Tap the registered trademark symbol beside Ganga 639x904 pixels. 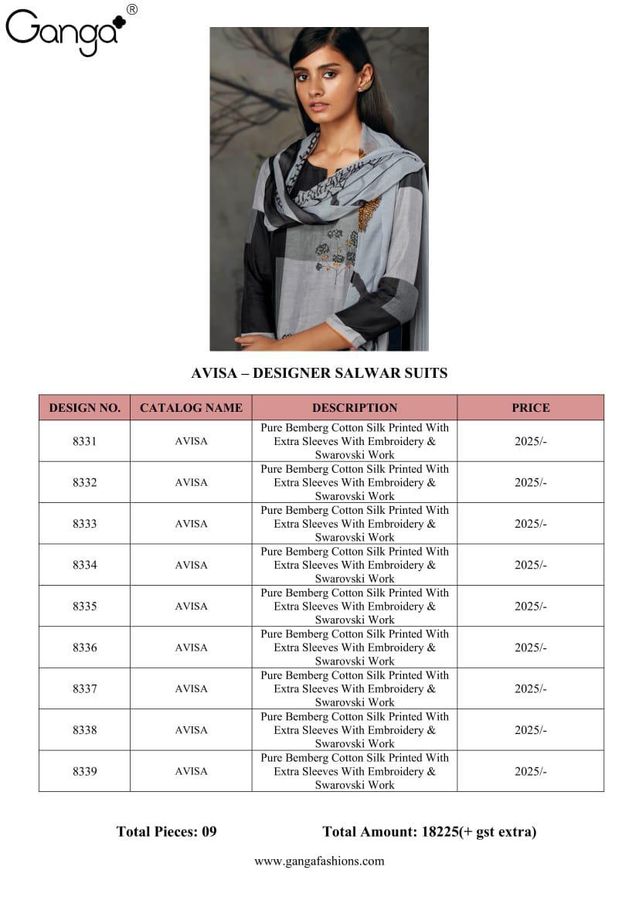(x=131, y=9)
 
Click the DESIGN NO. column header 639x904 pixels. (x=85, y=408)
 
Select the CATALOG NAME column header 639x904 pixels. (x=191, y=408)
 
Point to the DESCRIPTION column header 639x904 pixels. (x=355, y=408)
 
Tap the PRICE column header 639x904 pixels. (x=531, y=408)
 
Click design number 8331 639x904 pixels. (x=85, y=441)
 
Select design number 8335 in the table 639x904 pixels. (x=85, y=607)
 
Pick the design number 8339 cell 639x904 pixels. (x=85, y=771)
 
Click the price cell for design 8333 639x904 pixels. (x=531, y=524)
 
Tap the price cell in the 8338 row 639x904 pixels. (x=531, y=730)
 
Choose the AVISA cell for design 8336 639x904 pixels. (x=191, y=647)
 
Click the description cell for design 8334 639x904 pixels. (x=355, y=565)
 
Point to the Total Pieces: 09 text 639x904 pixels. (x=166, y=831)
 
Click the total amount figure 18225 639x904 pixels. (x=440, y=831)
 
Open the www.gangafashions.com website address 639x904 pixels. (x=319, y=861)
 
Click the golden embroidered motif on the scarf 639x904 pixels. (x=369, y=212)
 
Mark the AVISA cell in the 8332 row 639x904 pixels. (x=191, y=482)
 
